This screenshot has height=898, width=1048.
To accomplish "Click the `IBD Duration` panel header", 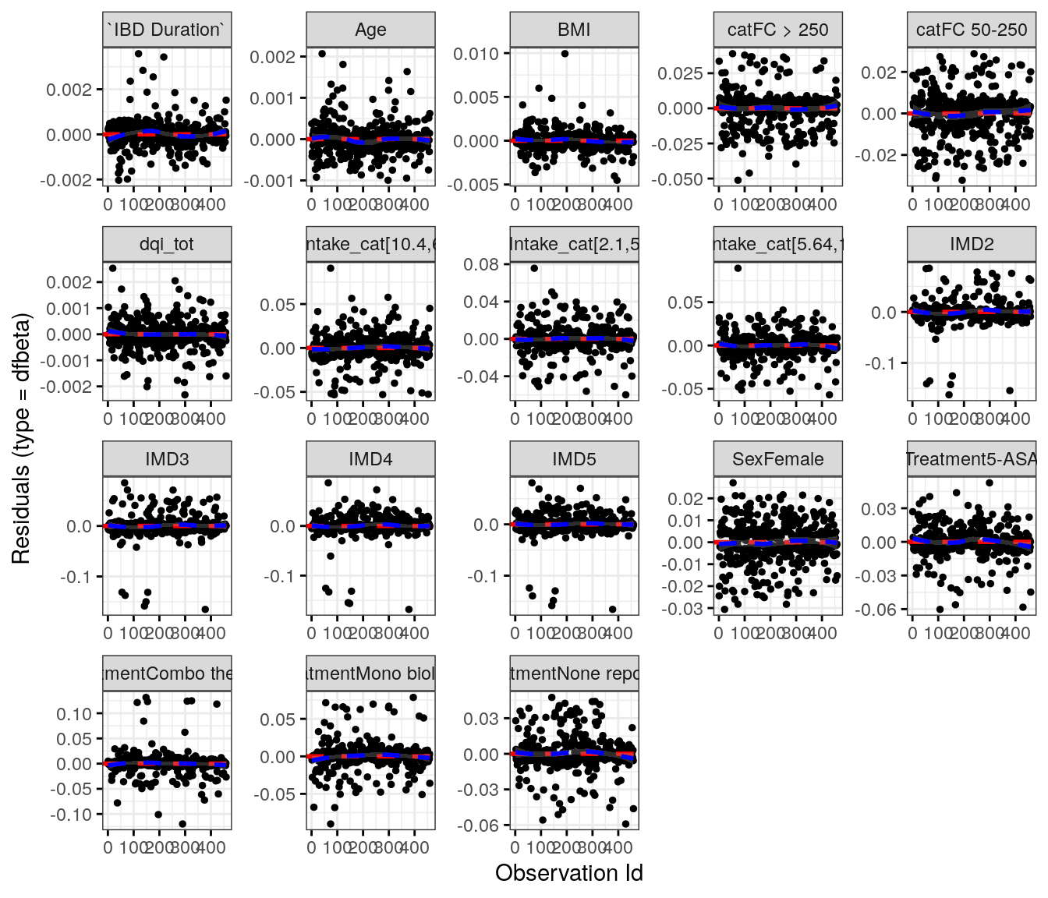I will [167, 30].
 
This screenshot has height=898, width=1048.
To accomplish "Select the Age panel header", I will [370, 30].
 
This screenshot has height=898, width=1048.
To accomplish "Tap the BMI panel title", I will [574, 30].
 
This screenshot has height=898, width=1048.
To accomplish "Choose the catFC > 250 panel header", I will [777, 30].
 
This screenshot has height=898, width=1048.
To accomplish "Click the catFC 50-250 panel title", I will [972, 30].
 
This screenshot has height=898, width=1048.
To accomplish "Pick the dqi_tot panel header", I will [167, 244].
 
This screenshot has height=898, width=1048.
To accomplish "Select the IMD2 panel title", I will [972, 244].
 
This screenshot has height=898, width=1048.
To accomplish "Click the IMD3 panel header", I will [167, 459].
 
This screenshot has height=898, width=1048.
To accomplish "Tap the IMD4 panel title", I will [370, 459].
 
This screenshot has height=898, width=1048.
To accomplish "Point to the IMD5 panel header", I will [574, 459].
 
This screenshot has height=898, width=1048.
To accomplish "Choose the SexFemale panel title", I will [777, 459].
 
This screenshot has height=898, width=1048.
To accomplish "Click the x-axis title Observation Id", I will [568, 873].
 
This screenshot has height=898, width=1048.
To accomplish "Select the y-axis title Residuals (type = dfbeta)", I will [21, 439].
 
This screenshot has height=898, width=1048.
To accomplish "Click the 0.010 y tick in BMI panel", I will [476, 54].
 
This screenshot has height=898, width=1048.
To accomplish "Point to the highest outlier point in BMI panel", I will [565, 54].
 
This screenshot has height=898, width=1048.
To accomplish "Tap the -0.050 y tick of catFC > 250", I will [679, 179].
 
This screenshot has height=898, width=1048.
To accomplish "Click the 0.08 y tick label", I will [480, 264].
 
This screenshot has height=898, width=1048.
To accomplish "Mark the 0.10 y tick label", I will [73, 714].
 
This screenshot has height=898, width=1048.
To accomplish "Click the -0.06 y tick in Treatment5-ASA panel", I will [878, 610].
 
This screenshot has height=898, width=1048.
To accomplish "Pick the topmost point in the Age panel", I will [322, 54].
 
